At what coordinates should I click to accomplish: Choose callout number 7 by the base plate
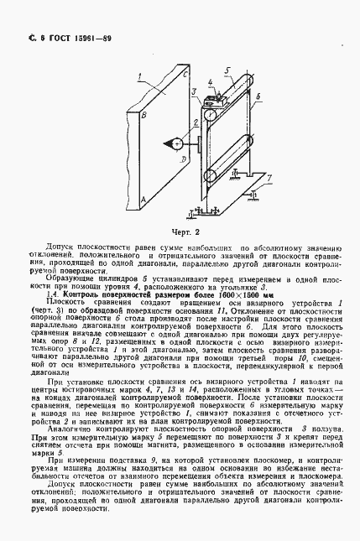[269, 178]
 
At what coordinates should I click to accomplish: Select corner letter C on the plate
[182, 75]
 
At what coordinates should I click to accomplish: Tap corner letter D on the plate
[182, 157]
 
